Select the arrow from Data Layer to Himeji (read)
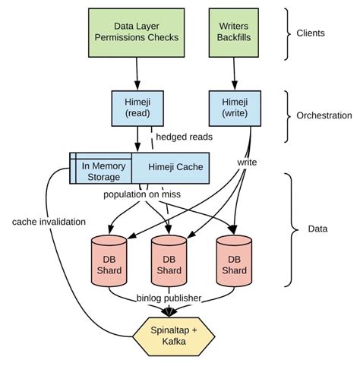tap(137, 74)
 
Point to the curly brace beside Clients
tap(288, 33)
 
